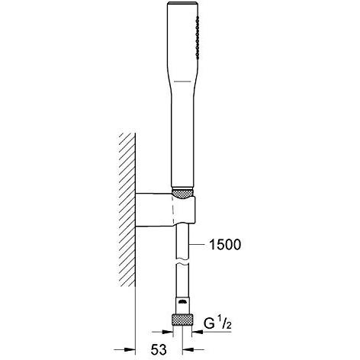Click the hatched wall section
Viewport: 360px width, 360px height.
(124, 214)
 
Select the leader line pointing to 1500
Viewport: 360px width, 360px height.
(200, 245)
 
